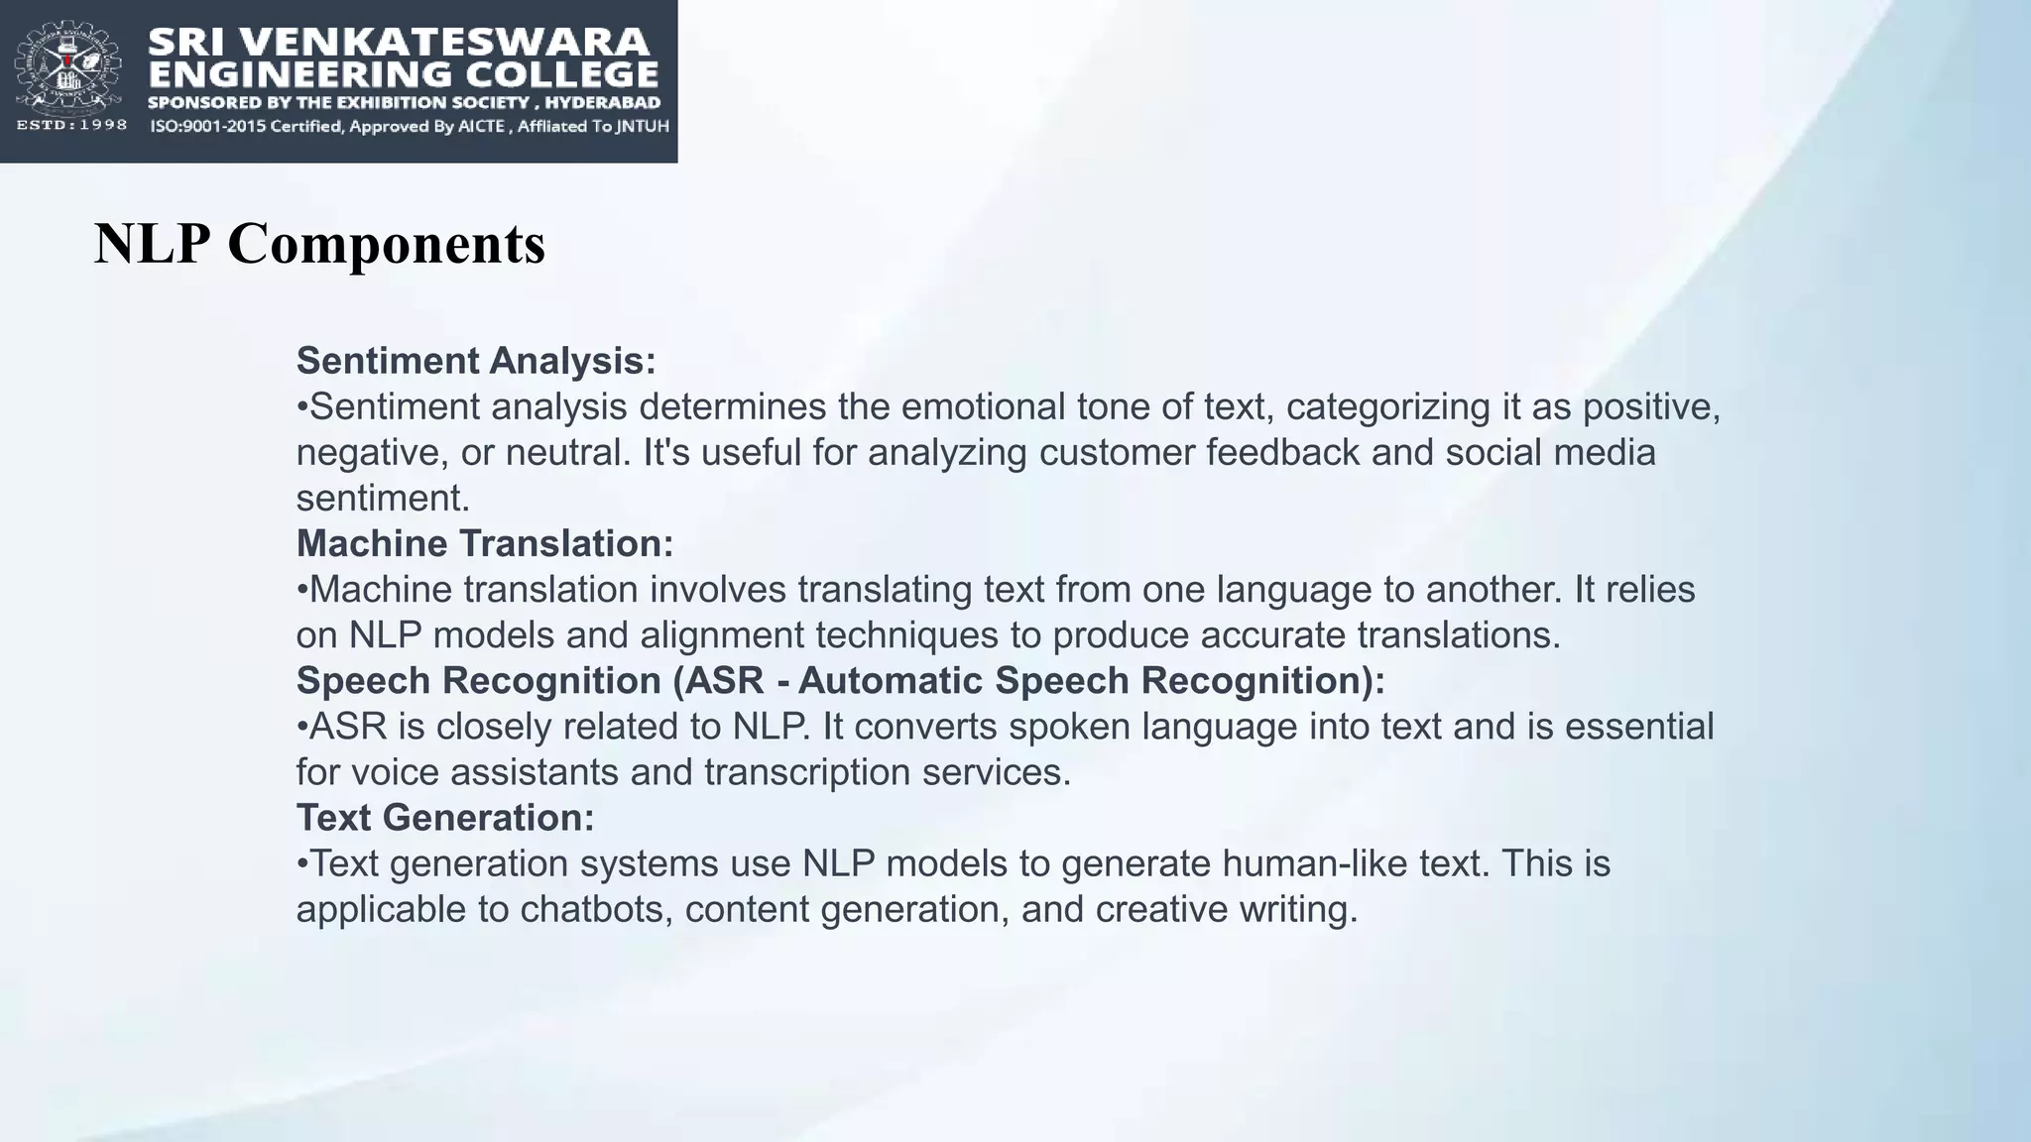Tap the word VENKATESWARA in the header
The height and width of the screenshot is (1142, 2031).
click(445, 42)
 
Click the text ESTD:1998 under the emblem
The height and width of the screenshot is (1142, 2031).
click(71, 125)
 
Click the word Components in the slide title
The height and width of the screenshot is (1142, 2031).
click(386, 244)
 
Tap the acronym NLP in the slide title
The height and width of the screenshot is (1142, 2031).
click(152, 244)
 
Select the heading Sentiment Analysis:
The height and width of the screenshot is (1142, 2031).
click(476, 361)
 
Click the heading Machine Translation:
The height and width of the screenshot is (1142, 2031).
click(485, 543)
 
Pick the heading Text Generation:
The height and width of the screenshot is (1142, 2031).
click(445, 818)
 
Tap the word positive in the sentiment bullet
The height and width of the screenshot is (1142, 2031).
click(1649, 407)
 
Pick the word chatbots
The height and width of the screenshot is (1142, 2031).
click(595, 909)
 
